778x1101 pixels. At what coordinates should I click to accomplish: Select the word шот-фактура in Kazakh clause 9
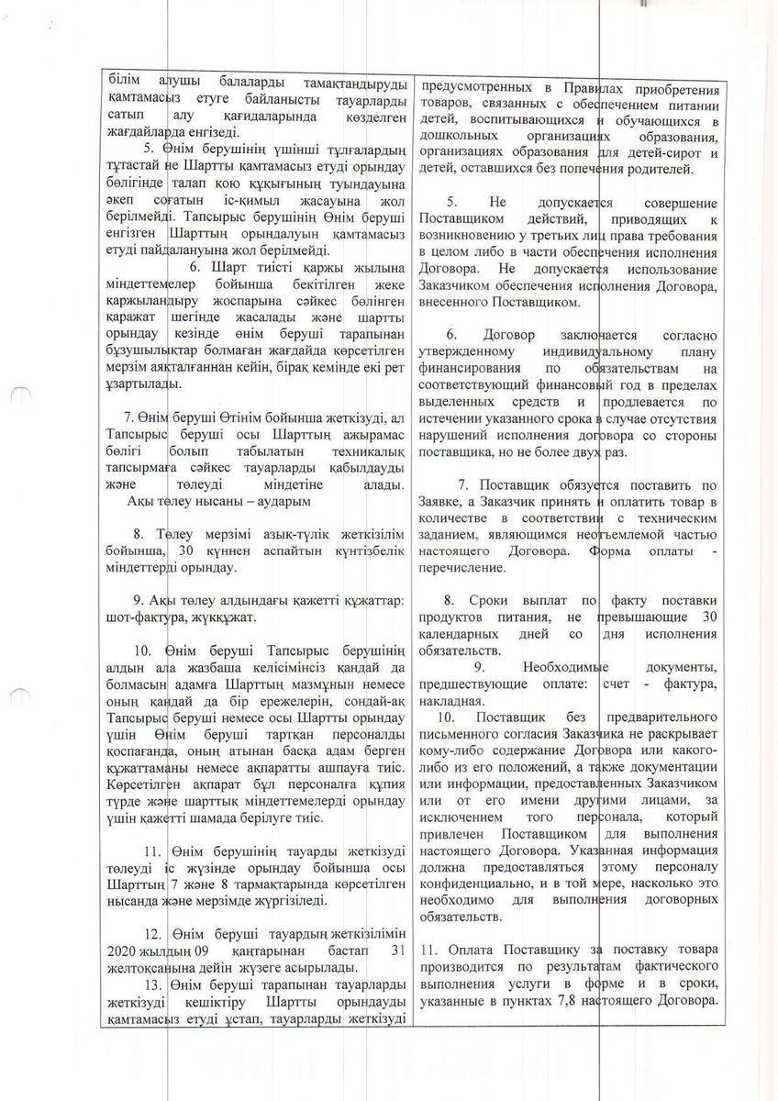(x=139, y=617)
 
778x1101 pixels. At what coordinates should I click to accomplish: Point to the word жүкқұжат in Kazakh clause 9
(x=215, y=617)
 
